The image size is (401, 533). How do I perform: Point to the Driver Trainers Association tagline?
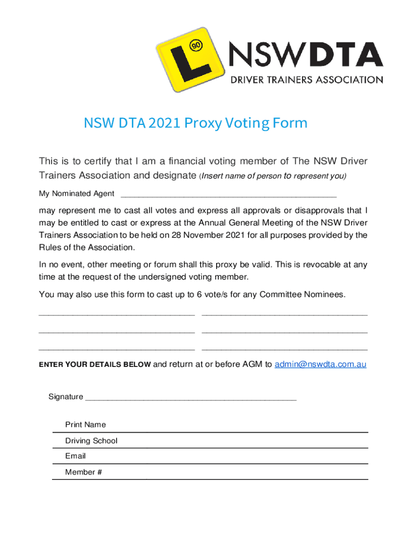click(x=307, y=80)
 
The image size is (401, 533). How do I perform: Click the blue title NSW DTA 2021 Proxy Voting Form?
click(x=196, y=123)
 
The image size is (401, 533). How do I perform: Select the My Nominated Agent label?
click(x=77, y=194)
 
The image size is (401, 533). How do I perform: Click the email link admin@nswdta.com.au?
click(x=320, y=364)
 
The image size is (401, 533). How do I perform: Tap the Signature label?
click(x=66, y=397)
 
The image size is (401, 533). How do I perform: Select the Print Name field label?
click(x=85, y=425)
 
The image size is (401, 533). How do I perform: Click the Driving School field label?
click(x=91, y=441)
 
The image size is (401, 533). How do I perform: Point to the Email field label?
click(x=76, y=456)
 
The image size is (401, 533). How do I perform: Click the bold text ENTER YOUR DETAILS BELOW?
click(x=95, y=365)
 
